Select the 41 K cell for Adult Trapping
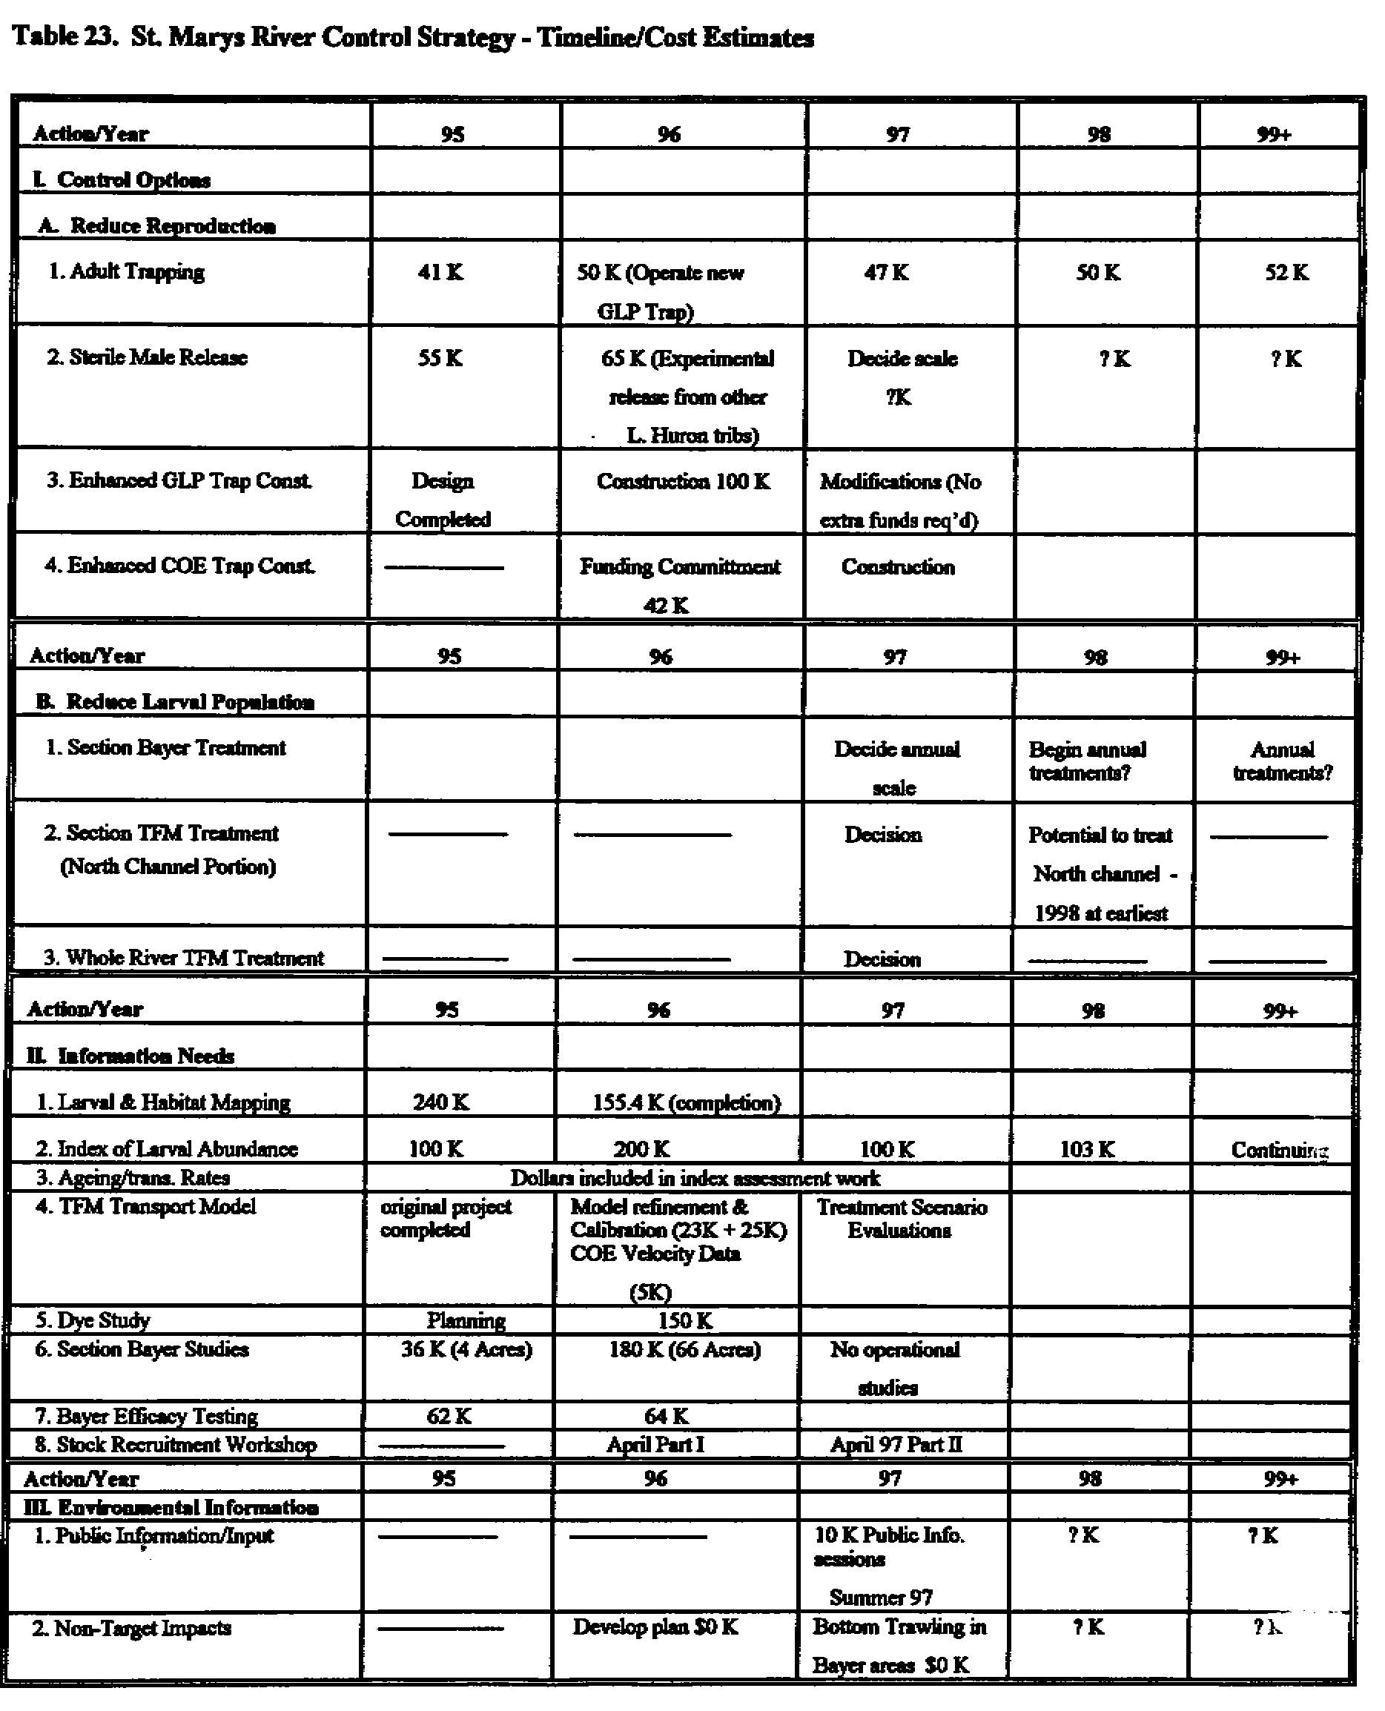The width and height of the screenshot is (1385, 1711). (440, 273)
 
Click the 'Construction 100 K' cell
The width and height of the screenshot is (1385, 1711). (683, 481)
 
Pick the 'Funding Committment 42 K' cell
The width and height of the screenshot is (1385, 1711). (680, 585)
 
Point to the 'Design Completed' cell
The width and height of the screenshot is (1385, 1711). (443, 500)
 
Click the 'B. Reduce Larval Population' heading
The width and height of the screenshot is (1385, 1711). (175, 702)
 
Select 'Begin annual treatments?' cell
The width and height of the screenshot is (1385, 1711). (1087, 761)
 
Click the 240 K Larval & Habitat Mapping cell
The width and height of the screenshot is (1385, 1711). (440, 1102)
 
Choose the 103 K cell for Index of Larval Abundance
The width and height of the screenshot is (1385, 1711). (1087, 1150)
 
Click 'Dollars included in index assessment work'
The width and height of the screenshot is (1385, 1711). (694, 1178)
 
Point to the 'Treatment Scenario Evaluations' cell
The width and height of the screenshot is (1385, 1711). (901, 1219)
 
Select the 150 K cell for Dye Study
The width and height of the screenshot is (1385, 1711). (684, 1320)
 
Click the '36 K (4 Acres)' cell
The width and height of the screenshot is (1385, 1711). (466, 1349)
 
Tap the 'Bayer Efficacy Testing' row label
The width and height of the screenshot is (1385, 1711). (147, 1416)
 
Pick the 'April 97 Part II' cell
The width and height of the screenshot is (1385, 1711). (896, 1445)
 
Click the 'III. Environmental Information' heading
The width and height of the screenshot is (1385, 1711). (172, 1508)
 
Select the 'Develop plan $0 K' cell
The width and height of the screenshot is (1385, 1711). (654, 1626)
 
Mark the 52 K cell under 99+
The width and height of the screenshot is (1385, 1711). (1286, 273)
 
